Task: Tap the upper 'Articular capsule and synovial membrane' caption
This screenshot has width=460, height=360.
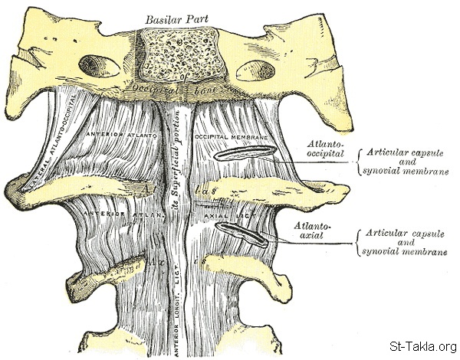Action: pos(406,162)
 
